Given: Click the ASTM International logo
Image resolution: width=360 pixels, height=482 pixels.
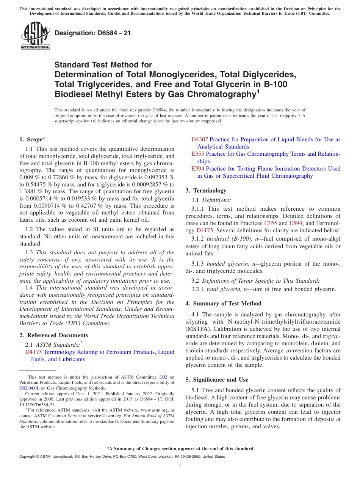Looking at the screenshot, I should (x=35, y=36).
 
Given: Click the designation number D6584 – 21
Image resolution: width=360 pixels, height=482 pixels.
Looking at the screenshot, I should (x=93, y=33).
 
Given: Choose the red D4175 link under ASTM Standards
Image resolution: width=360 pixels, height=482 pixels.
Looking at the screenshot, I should (x=33, y=352).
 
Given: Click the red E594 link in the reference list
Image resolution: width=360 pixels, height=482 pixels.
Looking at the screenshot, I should (x=198, y=169).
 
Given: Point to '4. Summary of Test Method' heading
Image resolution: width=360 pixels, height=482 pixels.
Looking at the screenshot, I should (x=223, y=304).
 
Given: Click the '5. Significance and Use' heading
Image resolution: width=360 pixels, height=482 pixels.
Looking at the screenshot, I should (x=217, y=380).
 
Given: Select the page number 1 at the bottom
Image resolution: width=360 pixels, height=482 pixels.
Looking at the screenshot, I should (x=180, y=466).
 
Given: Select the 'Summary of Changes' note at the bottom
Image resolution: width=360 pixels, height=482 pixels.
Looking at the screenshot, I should (x=180, y=449).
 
